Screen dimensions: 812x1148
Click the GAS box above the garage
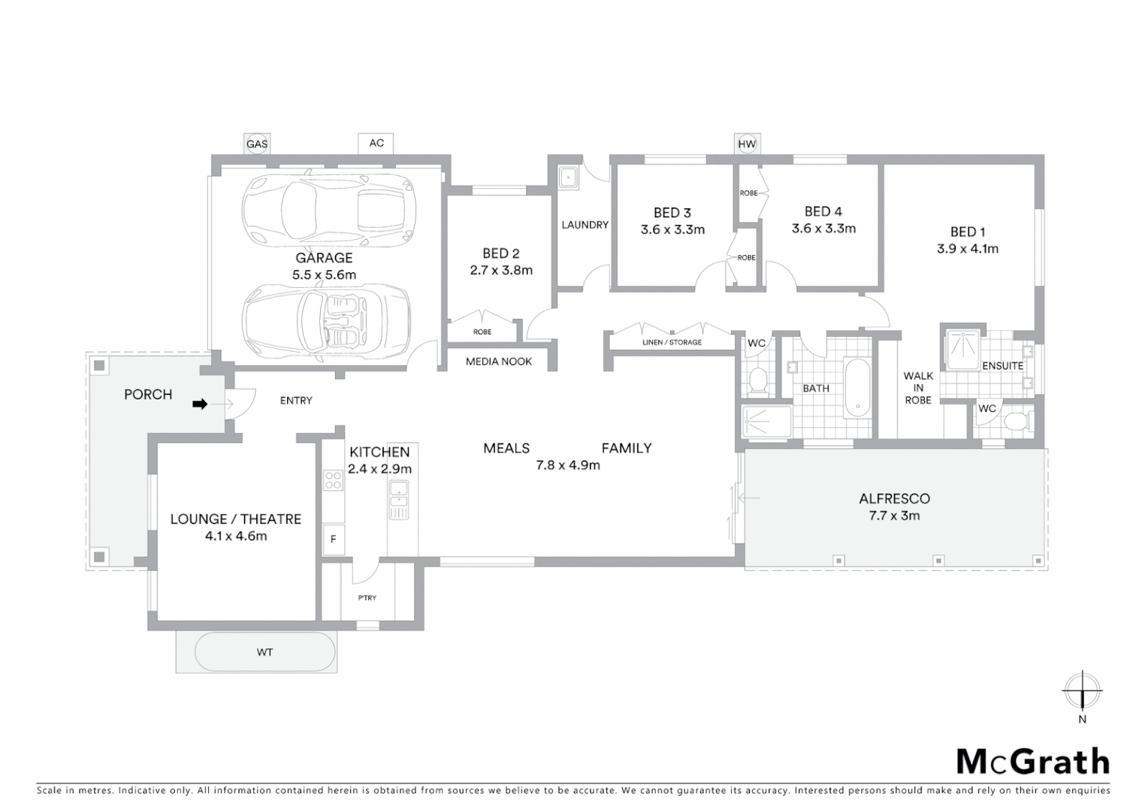(257, 144)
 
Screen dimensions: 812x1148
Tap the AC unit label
(376, 143)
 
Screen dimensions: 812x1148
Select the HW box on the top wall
(747, 144)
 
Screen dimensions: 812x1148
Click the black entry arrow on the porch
(199, 404)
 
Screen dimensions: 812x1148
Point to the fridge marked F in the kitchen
(334, 539)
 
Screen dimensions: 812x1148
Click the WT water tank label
(264, 652)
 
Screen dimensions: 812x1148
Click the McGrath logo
(1032, 762)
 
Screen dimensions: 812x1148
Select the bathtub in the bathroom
(856, 387)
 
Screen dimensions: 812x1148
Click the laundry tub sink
(569, 178)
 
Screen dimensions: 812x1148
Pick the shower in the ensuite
(962, 350)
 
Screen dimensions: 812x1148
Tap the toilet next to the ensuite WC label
(1017, 420)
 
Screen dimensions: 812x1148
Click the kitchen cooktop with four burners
(333, 480)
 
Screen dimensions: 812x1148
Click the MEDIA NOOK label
(499, 362)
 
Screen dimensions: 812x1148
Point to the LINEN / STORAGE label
(672, 342)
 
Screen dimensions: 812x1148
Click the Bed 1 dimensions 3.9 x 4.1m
(968, 249)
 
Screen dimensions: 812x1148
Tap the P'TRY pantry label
(367, 598)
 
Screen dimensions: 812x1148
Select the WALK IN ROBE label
(918, 388)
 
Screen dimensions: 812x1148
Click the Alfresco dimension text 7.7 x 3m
(894, 516)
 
